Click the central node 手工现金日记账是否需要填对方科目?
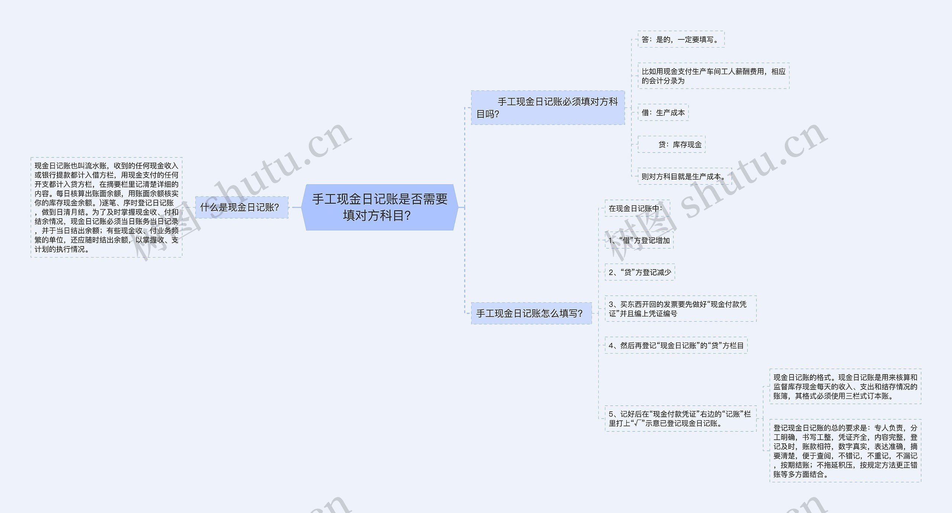pos(379,207)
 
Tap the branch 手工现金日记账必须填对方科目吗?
pos(547,108)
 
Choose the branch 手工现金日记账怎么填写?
pos(531,313)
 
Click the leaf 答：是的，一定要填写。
pos(681,39)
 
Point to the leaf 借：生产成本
pos(663,112)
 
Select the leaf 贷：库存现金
pos(672,144)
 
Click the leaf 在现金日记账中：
pos(637,208)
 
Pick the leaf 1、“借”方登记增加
pos(639,240)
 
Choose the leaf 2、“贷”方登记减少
pos(640,272)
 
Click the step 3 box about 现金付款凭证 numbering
pos(680,309)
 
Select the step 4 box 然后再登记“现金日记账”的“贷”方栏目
pos(676,345)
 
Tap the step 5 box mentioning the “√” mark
pos(680,418)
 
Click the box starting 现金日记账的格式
pos(845,386)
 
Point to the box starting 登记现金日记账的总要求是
pos(845,451)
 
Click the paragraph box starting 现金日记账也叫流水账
pos(106,207)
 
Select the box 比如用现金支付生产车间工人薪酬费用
pos(713,76)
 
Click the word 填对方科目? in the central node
pos(377,216)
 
